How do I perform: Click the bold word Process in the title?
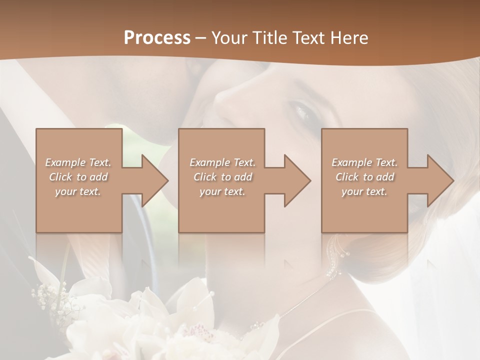tap(157, 38)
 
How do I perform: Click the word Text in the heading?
tap(307, 38)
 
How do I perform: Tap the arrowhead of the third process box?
tap(440, 180)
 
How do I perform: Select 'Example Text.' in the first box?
tap(78, 162)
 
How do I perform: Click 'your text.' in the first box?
tap(78, 191)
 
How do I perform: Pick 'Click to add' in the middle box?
tap(222, 177)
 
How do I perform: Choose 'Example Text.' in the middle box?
tap(222, 162)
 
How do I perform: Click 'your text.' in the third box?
tap(364, 191)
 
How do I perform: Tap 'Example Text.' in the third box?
tap(364, 162)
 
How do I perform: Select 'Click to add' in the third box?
tap(364, 177)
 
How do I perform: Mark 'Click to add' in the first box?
tap(78, 177)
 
